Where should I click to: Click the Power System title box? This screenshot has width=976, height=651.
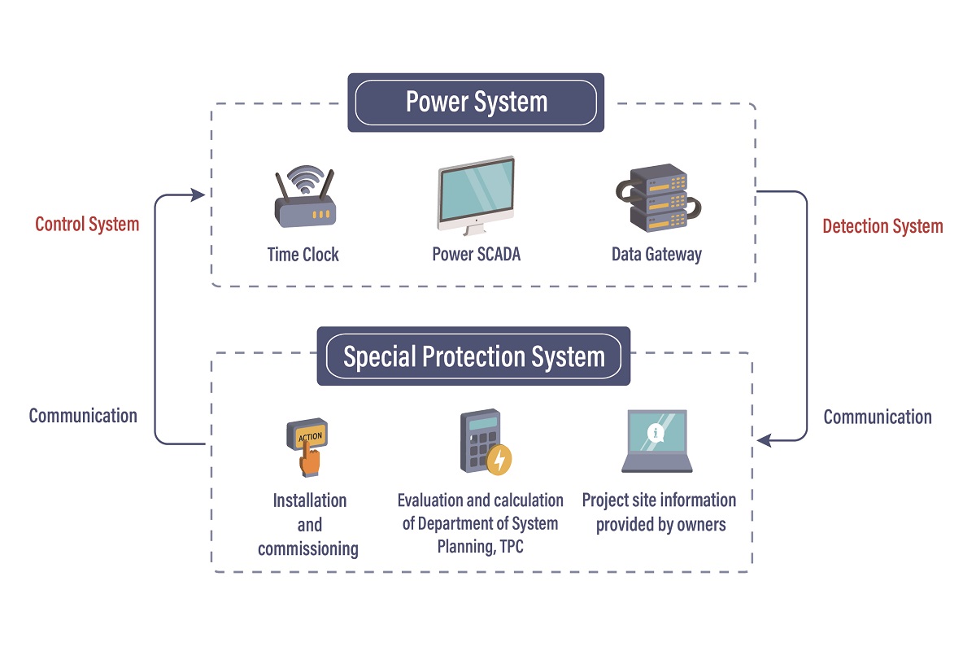tap(476, 103)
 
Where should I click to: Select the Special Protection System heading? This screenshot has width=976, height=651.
tap(473, 356)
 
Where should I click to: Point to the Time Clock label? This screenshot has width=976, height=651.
tap(303, 254)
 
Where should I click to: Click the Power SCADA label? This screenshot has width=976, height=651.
tap(476, 254)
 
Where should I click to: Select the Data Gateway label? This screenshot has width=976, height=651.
tap(656, 254)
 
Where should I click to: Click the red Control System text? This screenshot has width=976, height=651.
tap(87, 224)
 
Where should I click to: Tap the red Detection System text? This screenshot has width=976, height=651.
tap(882, 226)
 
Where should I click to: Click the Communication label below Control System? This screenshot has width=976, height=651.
tap(83, 416)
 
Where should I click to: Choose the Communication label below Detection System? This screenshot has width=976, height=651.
tap(878, 417)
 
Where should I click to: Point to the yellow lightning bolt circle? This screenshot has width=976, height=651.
tap(499, 460)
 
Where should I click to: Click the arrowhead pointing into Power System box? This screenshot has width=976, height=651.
tap(198, 194)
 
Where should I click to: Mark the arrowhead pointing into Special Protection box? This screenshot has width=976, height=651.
tap(764, 440)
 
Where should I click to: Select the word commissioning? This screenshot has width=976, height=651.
tap(308, 549)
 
